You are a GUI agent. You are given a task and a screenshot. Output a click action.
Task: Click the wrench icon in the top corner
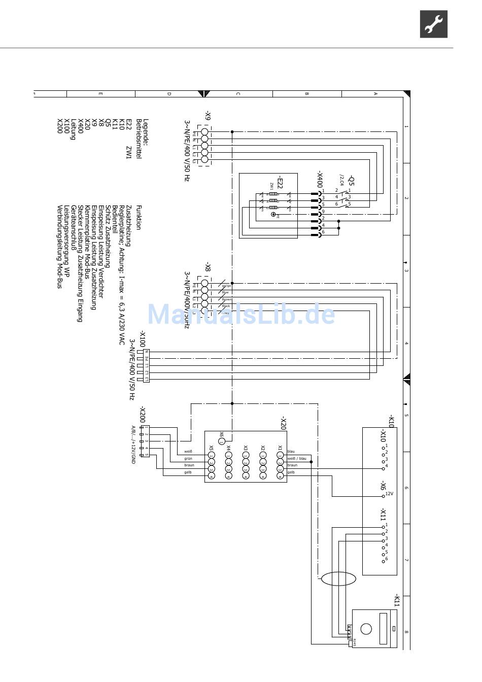(x=433, y=24)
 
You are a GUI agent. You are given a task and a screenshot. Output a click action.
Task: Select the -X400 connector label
(x=320, y=179)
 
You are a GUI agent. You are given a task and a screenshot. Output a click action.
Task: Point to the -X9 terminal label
(x=208, y=115)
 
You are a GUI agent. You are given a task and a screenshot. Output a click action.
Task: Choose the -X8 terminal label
(x=208, y=266)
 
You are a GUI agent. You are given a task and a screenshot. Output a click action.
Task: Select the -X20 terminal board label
(x=283, y=423)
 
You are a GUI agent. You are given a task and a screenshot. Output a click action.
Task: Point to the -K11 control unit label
(x=397, y=600)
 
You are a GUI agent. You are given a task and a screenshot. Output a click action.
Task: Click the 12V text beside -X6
(x=390, y=493)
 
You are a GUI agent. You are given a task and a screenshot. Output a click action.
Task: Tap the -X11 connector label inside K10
(x=383, y=515)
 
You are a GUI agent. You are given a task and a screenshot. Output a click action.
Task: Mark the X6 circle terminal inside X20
(x=222, y=441)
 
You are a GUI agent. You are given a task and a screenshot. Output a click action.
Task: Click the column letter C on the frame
(x=238, y=94)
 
